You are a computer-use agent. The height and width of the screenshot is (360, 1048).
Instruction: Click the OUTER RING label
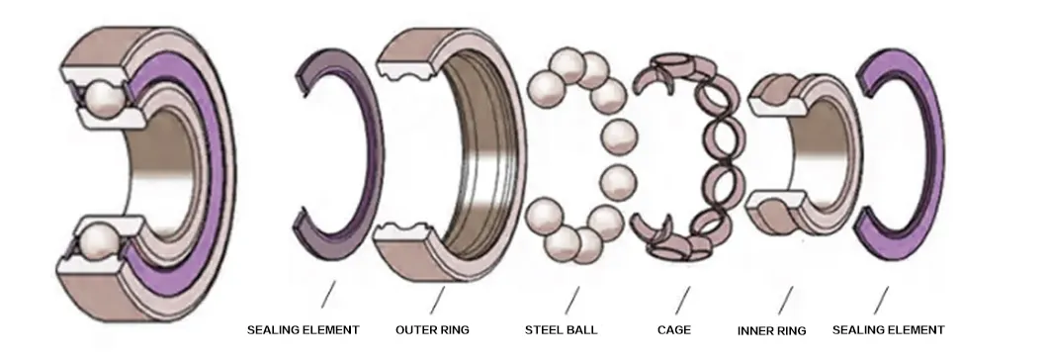pos(432,329)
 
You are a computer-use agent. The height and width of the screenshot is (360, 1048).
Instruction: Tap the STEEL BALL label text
pos(561,329)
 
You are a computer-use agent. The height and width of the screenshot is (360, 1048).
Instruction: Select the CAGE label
pos(674,329)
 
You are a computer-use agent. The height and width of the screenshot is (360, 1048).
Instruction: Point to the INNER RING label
pos(772,330)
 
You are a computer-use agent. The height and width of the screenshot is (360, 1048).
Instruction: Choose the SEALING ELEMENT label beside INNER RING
pos(888,329)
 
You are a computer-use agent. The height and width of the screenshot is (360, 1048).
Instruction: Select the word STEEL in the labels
pos(544,329)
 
